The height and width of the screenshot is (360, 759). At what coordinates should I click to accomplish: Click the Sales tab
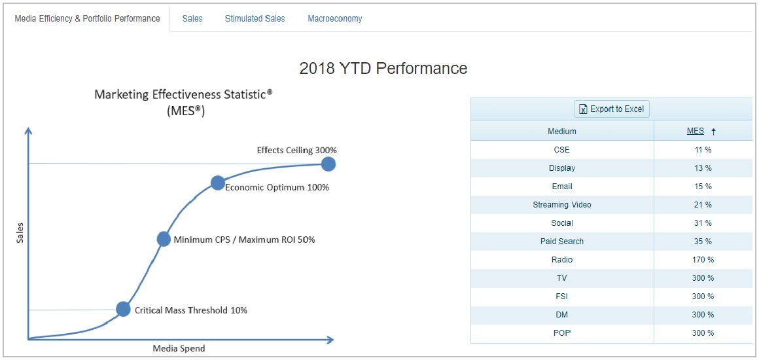(x=192, y=19)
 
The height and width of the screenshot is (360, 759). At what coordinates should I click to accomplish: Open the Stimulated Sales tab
(x=255, y=19)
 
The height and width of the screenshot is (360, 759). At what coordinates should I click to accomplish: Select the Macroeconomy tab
(x=334, y=19)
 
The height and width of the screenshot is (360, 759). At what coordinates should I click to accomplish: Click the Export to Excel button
(x=611, y=109)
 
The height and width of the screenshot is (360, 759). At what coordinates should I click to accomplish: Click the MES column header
(x=695, y=131)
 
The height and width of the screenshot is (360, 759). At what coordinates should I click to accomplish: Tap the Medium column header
(x=561, y=131)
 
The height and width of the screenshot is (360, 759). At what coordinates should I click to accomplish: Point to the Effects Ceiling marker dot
(x=328, y=164)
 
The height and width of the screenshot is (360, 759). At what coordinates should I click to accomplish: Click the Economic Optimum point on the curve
(x=218, y=183)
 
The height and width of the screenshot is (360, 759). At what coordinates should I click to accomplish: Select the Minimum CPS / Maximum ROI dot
(x=164, y=239)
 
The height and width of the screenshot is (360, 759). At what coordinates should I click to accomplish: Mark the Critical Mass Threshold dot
(x=124, y=309)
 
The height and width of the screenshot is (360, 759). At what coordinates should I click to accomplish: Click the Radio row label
(x=561, y=260)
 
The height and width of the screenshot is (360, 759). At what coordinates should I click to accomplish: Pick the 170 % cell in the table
(x=703, y=260)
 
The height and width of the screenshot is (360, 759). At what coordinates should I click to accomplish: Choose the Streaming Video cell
(x=561, y=204)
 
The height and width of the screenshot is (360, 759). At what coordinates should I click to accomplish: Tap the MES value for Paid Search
(x=703, y=242)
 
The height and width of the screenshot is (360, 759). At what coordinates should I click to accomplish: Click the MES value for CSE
(x=703, y=150)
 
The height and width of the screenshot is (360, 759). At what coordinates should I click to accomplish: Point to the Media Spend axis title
(x=179, y=348)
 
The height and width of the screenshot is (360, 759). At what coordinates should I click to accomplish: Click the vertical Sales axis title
(x=20, y=232)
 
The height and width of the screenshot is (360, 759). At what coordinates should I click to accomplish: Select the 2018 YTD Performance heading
(x=383, y=68)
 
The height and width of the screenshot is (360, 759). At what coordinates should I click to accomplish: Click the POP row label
(x=561, y=333)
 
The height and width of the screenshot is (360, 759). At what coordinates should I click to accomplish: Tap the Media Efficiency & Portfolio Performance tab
(x=87, y=19)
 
